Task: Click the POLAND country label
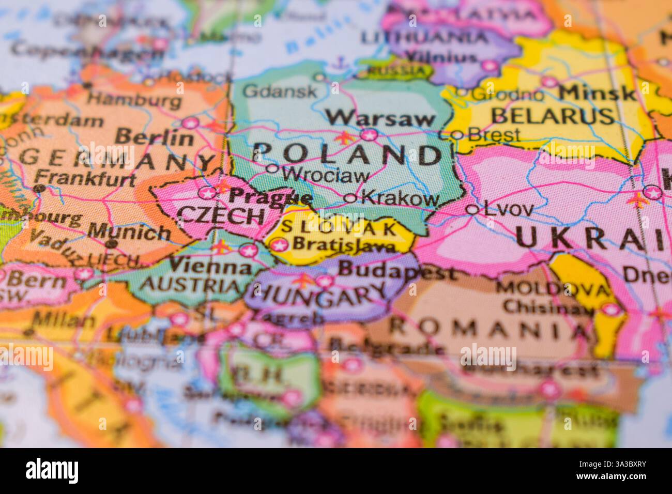[x=347, y=154]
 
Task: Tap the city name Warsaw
[x=381, y=118]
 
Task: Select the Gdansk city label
[x=280, y=92]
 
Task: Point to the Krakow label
[x=401, y=197]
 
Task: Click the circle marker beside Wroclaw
[x=272, y=168]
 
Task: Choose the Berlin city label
[x=154, y=137]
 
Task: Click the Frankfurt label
[x=88, y=178]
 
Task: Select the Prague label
[x=270, y=196]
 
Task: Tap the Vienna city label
[x=210, y=267]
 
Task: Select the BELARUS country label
[x=553, y=116]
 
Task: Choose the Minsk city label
[x=597, y=93]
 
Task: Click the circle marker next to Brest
[x=457, y=135]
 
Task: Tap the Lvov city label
[x=507, y=209]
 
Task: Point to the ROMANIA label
[x=486, y=327]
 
